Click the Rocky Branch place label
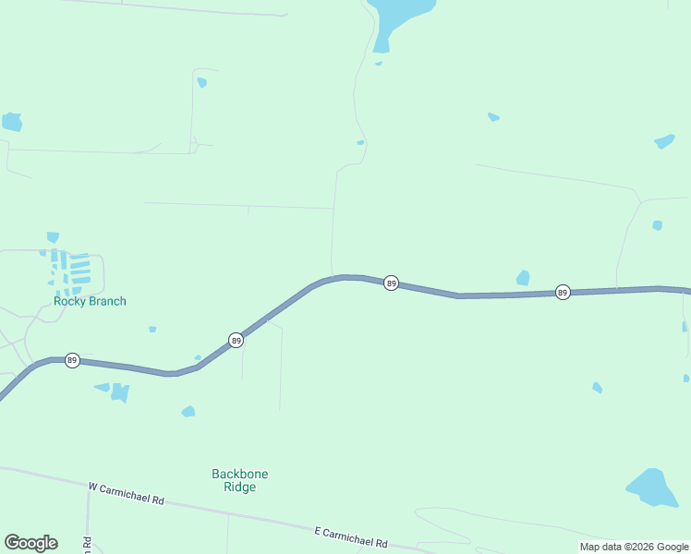click(90, 301)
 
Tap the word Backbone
click(239, 474)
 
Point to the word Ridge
click(239, 488)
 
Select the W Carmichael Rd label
click(127, 493)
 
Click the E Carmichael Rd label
click(350, 537)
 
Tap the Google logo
click(30, 543)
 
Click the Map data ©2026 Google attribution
click(635, 547)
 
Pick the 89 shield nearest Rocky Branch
click(72, 360)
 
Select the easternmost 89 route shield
click(563, 293)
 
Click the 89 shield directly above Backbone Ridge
click(236, 341)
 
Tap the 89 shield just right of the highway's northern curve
click(391, 283)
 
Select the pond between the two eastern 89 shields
click(523, 278)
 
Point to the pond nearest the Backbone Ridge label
click(188, 411)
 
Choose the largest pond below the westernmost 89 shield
click(120, 393)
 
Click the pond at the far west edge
click(12, 122)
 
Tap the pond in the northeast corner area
click(664, 141)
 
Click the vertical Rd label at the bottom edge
click(87, 545)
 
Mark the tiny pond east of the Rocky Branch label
click(152, 329)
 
